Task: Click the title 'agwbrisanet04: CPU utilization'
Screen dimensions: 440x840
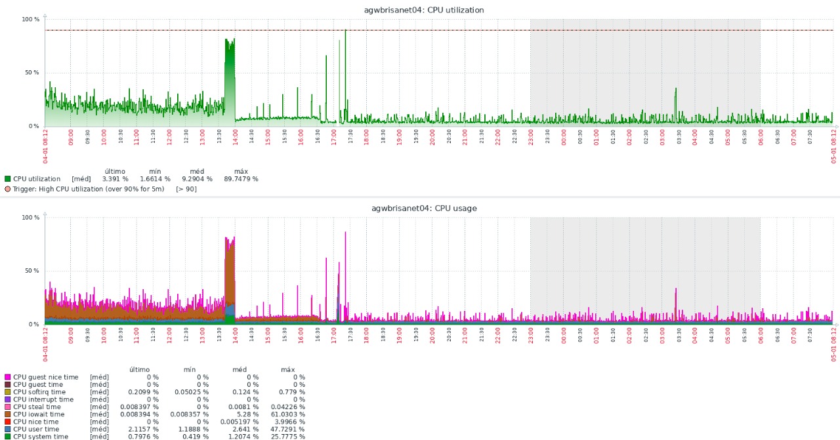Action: point(424,10)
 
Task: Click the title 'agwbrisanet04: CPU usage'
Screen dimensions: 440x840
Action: point(424,208)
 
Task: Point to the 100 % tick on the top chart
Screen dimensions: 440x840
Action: point(30,20)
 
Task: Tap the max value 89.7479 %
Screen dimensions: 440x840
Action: point(241,179)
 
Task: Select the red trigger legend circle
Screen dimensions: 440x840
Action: point(8,189)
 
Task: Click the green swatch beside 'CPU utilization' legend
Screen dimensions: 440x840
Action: point(8,179)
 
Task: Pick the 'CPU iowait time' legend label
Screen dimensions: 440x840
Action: point(39,414)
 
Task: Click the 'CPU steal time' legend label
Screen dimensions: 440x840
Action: point(37,407)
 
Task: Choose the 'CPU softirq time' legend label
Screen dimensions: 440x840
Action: point(39,391)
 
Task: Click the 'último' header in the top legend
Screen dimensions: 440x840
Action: point(114,171)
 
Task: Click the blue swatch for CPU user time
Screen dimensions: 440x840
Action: point(8,429)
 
